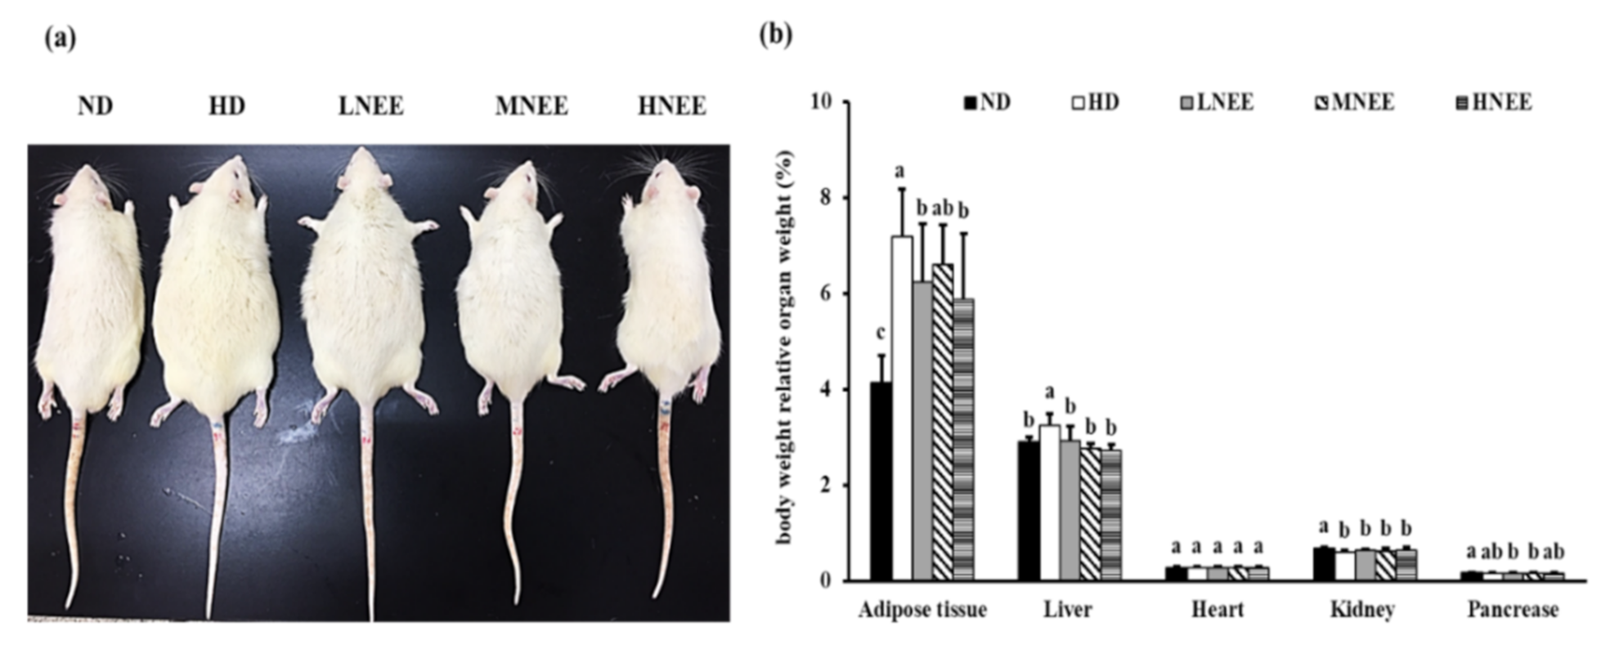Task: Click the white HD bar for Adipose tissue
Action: [901, 409]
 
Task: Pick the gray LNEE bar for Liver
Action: [1070, 510]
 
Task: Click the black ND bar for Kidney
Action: [1322, 564]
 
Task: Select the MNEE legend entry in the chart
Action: [1354, 103]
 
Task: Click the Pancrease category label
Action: [1512, 610]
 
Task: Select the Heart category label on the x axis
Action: [1217, 610]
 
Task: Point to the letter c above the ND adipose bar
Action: [880, 334]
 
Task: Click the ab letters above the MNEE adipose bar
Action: [942, 208]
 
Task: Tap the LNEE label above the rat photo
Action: [370, 107]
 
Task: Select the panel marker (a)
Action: [60, 38]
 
